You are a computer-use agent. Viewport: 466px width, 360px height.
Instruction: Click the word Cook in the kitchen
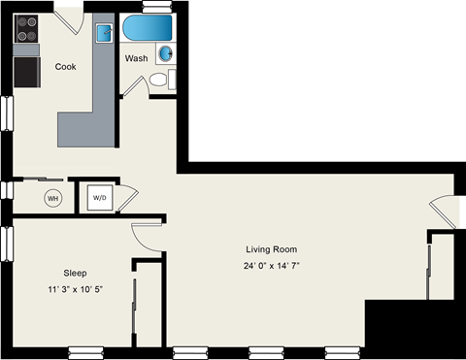click(65, 67)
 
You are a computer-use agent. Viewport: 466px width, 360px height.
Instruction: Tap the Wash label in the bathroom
click(136, 58)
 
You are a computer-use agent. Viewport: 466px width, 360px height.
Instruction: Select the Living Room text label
click(271, 248)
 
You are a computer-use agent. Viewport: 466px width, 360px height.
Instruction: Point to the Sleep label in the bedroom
click(75, 273)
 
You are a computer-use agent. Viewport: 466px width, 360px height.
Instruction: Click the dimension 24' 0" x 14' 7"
click(271, 266)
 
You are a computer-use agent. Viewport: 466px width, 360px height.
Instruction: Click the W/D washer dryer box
click(100, 198)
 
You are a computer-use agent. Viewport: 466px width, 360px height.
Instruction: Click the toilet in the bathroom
click(171, 79)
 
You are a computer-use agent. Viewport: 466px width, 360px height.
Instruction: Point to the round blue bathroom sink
click(166, 52)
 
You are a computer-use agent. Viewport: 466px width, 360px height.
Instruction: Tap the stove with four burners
click(26, 29)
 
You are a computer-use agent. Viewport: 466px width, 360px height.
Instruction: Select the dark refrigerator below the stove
click(26, 71)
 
